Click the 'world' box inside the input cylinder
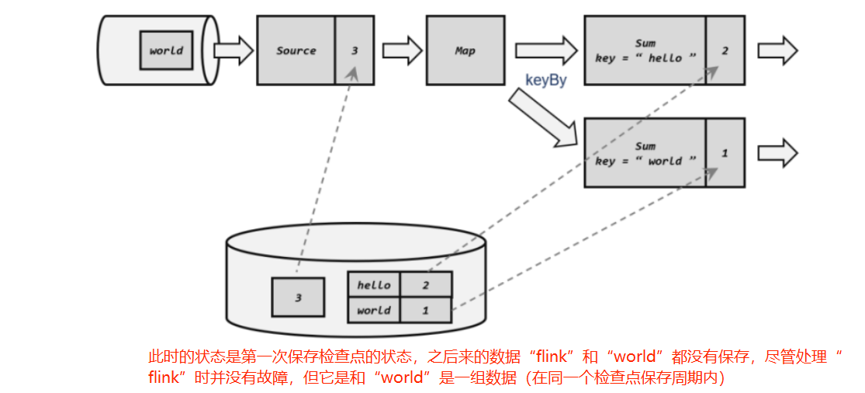coord(166,50)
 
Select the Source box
coord(296,50)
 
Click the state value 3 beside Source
coord(355,50)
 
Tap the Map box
coord(465,50)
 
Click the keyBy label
coord(545,80)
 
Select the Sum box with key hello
coord(645,50)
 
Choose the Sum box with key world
coord(645,153)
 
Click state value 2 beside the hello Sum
coord(725,50)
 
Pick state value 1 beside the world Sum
coord(725,153)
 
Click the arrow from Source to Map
coord(401,51)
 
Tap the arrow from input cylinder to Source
coord(233,51)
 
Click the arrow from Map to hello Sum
coord(546,50)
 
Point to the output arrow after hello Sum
coord(777,50)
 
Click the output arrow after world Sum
coord(777,152)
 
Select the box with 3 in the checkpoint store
coord(298,297)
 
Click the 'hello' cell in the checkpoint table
coord(374,285)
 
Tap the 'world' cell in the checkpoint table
coord(374,310)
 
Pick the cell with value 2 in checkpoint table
coord(426,285)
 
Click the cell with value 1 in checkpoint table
coord(426,310)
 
